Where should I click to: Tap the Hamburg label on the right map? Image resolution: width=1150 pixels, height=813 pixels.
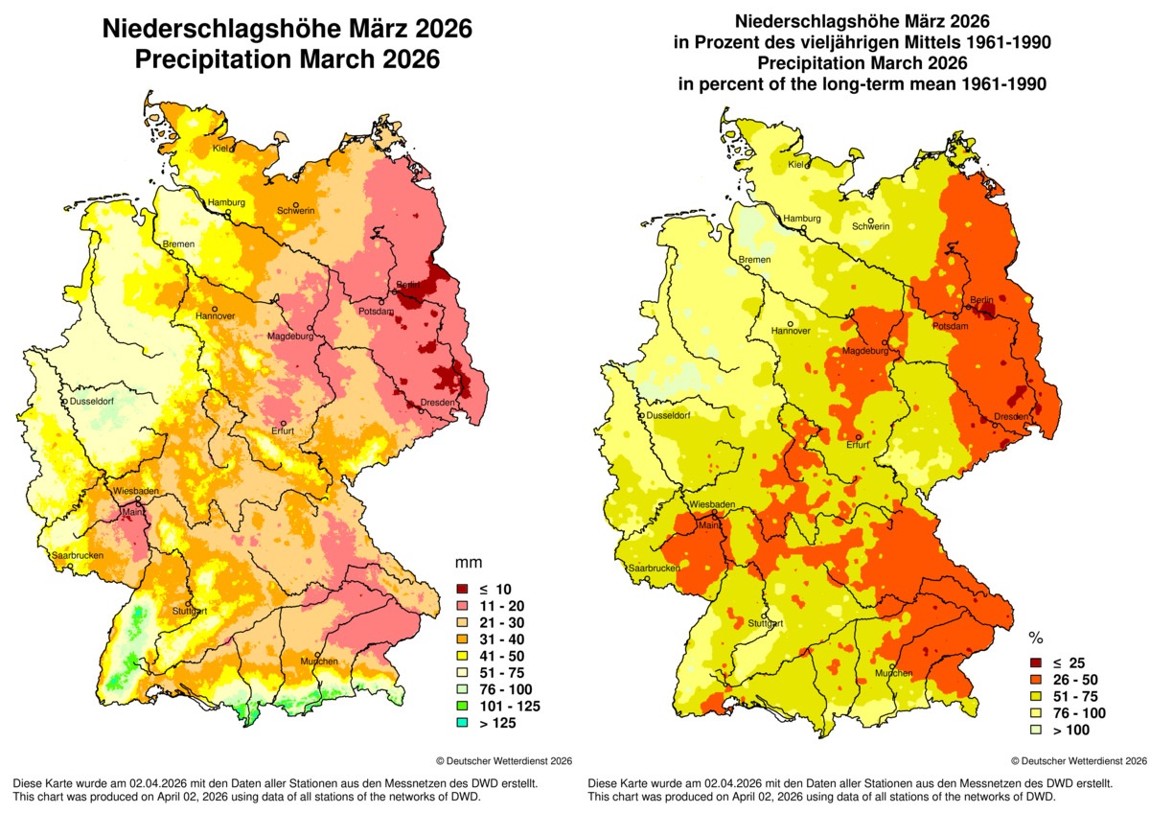(x=803, y=219)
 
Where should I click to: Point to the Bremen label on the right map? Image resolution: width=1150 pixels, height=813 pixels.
(x=754, y=260)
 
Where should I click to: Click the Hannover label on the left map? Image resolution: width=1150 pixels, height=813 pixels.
(x=215, y=315)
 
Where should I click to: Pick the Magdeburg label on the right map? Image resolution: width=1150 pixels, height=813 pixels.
(x=863, y=351)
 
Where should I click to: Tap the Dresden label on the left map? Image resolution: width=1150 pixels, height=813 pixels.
(x=436, y=403)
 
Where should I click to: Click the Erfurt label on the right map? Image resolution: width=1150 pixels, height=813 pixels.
(x=857, y=444)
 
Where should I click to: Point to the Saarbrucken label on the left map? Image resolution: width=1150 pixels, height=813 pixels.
(x=76, y=556)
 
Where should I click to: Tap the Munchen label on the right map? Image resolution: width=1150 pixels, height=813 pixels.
(x=892, y=673)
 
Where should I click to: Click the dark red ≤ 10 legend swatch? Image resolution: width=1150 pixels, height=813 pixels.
(x=460, y=589)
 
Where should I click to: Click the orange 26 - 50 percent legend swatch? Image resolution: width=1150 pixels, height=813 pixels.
(x=1036, y=679)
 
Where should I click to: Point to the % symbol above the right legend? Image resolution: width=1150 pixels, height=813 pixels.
(x=1036, y=638)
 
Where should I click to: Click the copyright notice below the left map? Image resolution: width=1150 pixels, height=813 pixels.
(x=504, y=760)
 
